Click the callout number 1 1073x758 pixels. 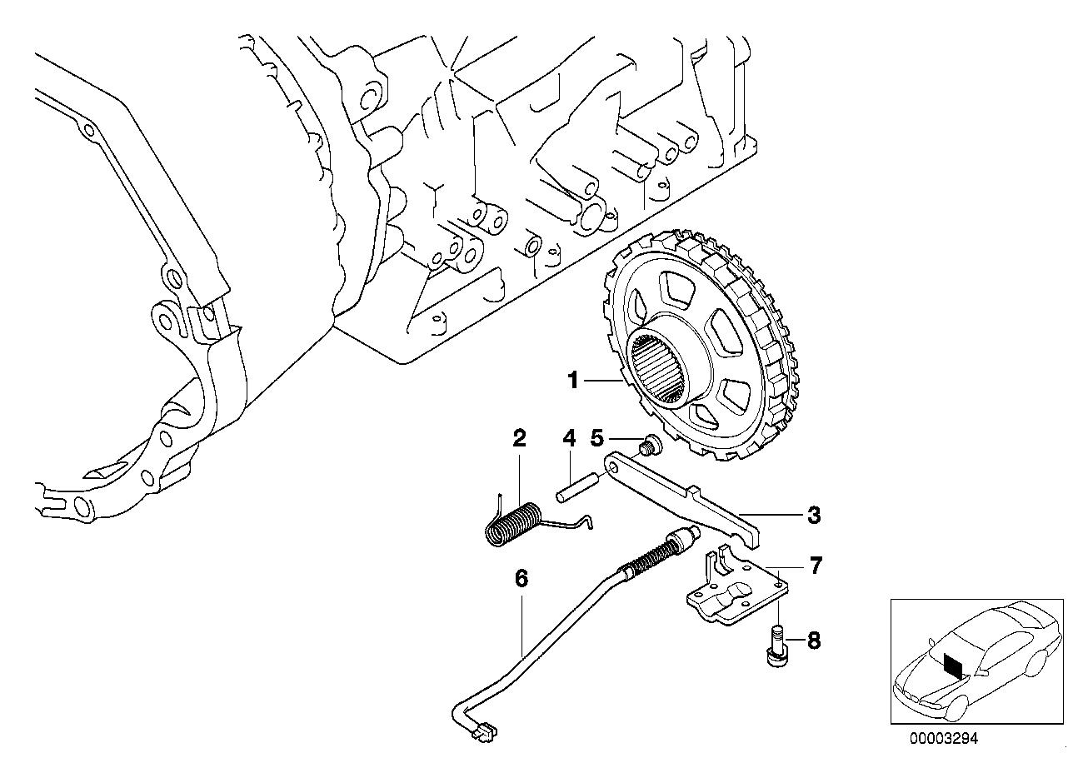[x=573, y=381]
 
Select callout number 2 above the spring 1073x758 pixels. [x=519, y=438]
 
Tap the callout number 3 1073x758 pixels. [x=814, y=516]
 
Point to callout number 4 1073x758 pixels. [x=569, y=438]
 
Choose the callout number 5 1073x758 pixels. [x=596, y=438]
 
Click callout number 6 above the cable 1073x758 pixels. [x=522, y=578]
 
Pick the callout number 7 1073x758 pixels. [x=815, y=566]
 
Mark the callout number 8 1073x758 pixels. [x=814, y=641]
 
